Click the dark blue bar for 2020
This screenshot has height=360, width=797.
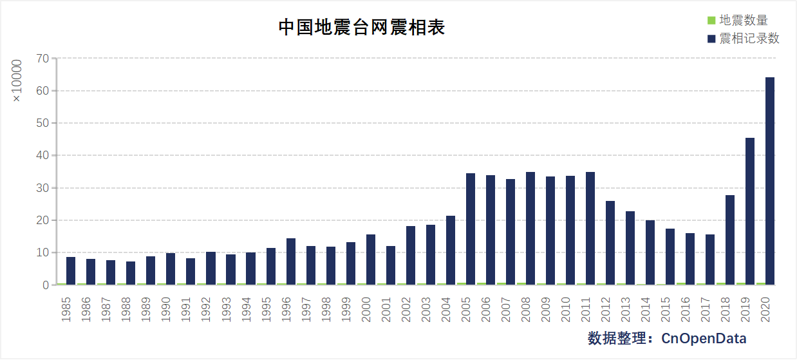coord(769,181)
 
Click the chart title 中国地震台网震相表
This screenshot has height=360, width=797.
coord(361,28)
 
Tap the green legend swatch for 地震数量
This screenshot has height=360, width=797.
coord(711,21)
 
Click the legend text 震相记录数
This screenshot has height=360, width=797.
coord(749,39)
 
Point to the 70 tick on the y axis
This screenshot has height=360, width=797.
coord(42,59)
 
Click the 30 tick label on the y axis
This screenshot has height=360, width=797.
coord(42,188)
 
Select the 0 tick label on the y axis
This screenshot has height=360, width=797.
coord(46,285)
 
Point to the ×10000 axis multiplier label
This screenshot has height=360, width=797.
coord(17,80)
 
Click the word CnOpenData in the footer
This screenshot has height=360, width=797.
coord(704,338)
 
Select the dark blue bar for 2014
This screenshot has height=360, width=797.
coord(650,252)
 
